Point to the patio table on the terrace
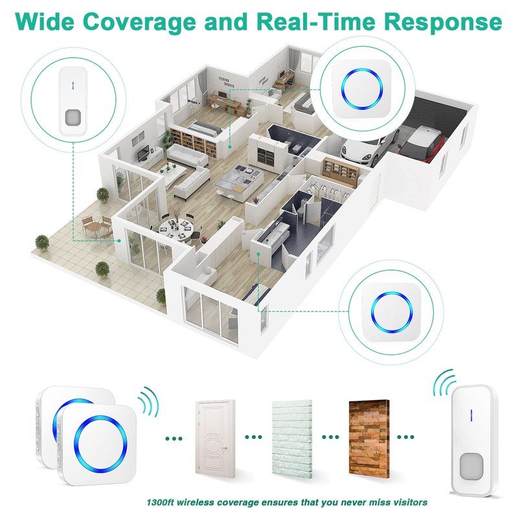pyautogui.click(x=96, y=227)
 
